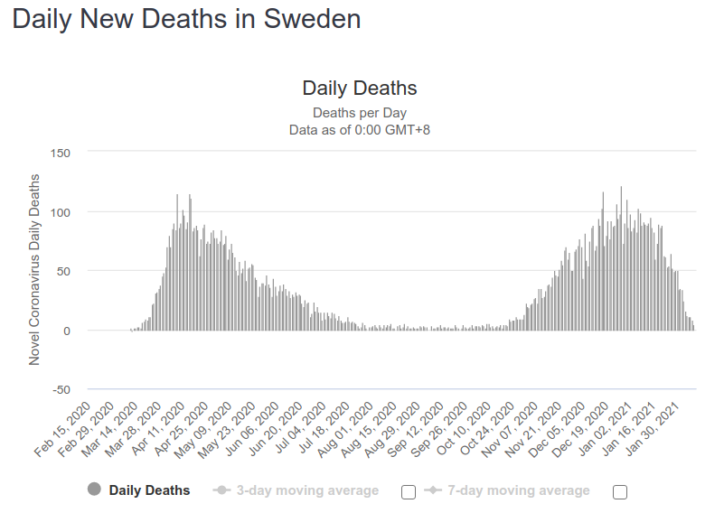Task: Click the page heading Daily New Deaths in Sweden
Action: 186,19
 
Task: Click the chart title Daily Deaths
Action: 360,89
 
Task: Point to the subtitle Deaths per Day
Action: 360,113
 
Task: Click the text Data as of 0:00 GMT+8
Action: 360,130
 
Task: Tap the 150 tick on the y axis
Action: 60,153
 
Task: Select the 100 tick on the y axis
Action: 60,212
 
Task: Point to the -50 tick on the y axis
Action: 60,389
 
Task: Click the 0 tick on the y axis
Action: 66,331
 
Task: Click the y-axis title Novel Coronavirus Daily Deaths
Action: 34,269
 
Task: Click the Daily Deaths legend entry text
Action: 149,490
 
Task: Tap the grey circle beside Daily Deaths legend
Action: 94,490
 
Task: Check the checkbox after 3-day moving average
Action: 408,492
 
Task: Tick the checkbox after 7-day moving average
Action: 619,492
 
